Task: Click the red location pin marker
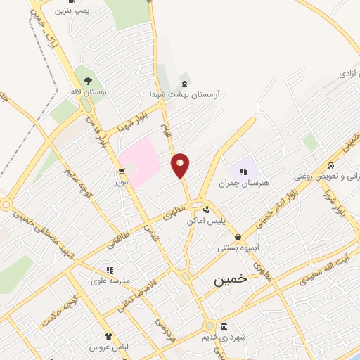[181, 165]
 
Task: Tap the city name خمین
[231, 279]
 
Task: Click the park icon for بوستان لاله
[89, 80]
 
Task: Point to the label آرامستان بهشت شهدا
[184, 93]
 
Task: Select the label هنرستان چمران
[243, 184]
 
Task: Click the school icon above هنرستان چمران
[243, 171]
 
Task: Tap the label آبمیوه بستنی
[238, 248]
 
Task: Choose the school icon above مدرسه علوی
[109, 269]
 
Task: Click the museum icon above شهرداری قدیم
[223, 326]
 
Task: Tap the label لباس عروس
[108, 347]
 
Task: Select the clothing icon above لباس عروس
[108, 336]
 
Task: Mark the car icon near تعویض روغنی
[330, 165]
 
